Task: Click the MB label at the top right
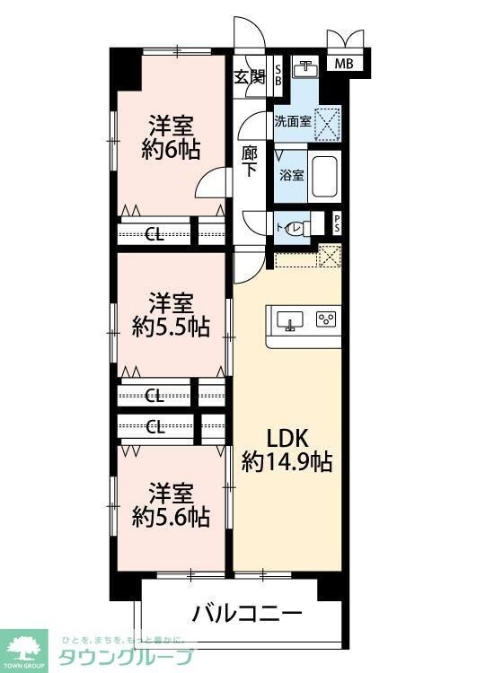pos(344,64)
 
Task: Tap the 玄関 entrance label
pos(250,77)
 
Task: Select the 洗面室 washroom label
pos(293,121)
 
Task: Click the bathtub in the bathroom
pos(323,177)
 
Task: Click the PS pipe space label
pos(337,223)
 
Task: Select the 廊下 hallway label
pos(251,162)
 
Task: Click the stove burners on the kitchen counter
pos(325,319)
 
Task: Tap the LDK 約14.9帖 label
pos(287,450)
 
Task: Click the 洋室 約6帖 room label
pos(171,137)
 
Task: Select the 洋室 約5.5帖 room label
pos(171,314)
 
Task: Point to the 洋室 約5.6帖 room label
pos(171,504)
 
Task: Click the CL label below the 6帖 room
pos(154,234)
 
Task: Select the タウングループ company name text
pos(126,657)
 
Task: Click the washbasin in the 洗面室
pos(308,68)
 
